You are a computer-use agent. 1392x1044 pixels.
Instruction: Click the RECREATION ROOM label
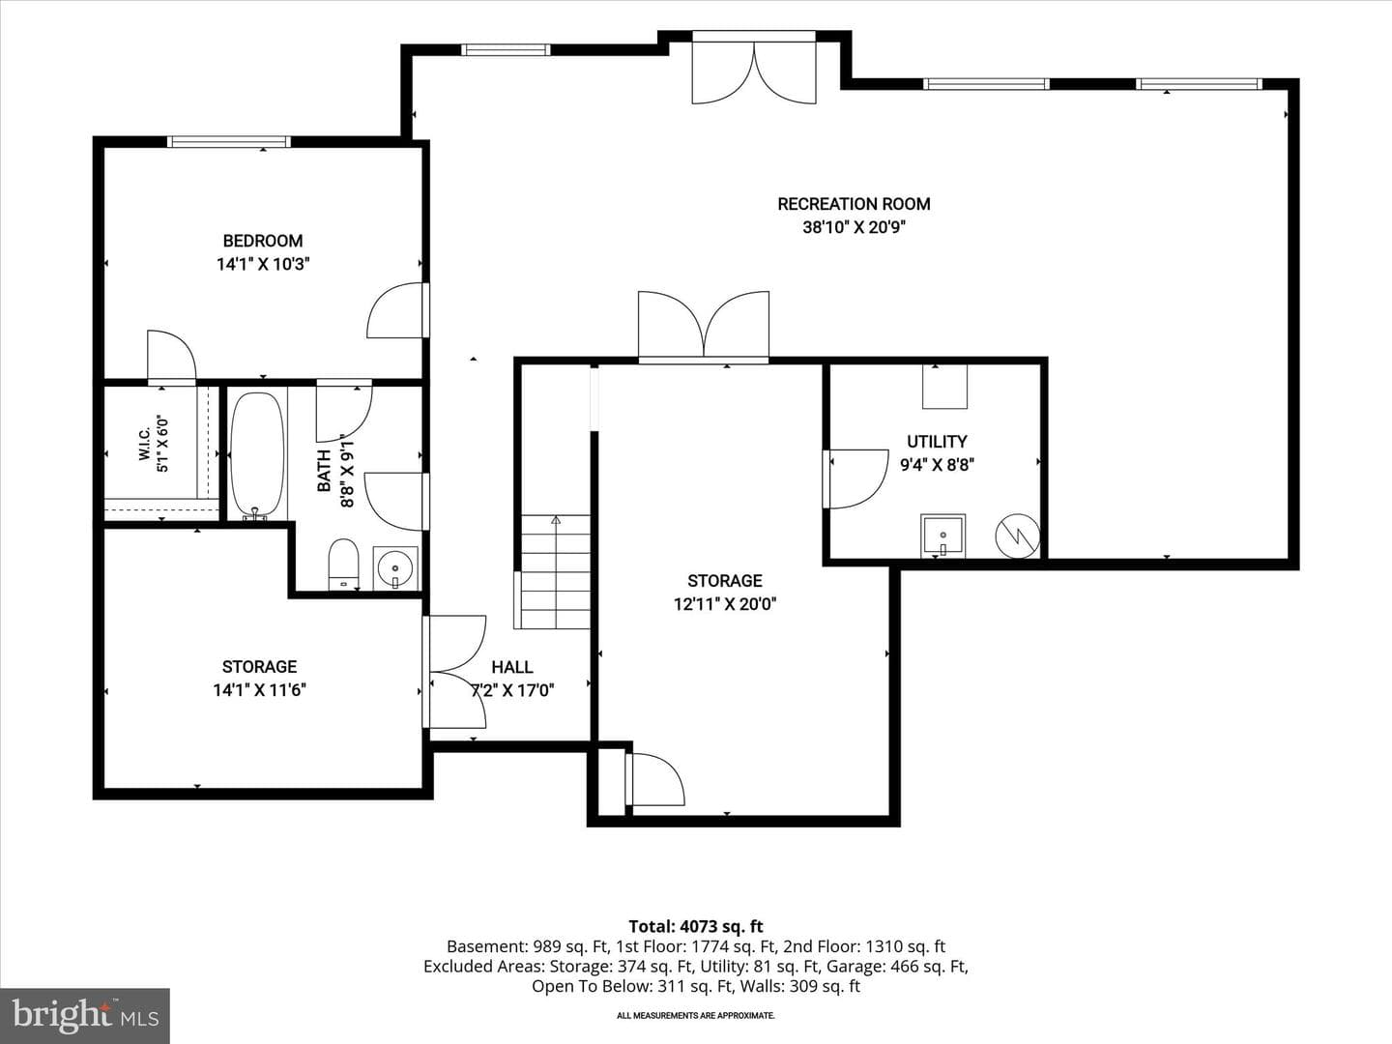pyautogui.click(x=854, y=204)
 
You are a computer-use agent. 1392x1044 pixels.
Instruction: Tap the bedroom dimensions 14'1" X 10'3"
pyautogui.click(x=263, y=264)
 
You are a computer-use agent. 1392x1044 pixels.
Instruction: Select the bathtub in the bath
pyautogui.click(x=257, y=455)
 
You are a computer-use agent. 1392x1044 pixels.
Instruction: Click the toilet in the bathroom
pyautogui.click(x=344, y=564)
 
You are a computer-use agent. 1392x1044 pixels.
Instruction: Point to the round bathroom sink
pyautogui.click(x=395, y=568)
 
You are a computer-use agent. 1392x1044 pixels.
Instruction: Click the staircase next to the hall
pyautogui.click(x=552, y=571)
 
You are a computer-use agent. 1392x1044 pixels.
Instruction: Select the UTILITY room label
pyautogui.click(x=937, y=441)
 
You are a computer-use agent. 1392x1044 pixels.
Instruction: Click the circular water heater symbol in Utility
pyautogui.click(x=1017, y=536)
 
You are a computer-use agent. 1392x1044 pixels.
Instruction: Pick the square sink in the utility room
pyautogui.click(x=943, y=536)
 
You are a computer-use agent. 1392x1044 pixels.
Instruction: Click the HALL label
pyautogui.click(x=511, y=667)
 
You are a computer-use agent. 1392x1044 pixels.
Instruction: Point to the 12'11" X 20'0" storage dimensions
pyautogui.click(x=725, y=604)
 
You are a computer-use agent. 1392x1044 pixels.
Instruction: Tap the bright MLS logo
pyautogui.click(x=85, y=1015)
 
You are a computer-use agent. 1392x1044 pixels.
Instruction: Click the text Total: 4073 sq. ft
pyautogui.click(x=696, y=927)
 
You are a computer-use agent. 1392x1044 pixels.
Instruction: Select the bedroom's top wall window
pyautogui.click(x=229, y=142)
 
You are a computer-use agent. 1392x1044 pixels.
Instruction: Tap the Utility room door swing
pyautogui.click(x=856, y=479)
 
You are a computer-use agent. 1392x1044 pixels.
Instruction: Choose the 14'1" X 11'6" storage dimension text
pyautogui.click(x=259, y=690)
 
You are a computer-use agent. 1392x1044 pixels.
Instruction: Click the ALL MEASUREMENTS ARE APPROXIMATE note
pyautogui.click(x=696, y=1015)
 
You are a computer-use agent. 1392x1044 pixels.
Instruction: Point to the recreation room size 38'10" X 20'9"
pyautogui.click(x=854, y=227)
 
